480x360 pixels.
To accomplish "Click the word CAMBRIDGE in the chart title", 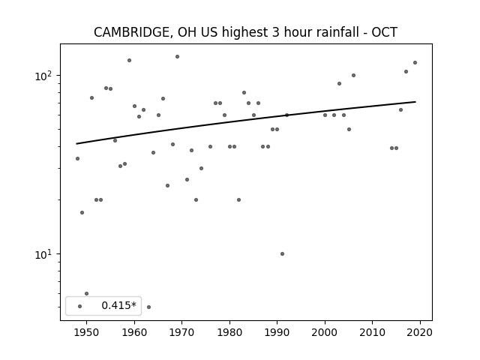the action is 130,32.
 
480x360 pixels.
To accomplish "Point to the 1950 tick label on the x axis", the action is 86,332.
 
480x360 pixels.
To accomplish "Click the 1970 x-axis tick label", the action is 181,332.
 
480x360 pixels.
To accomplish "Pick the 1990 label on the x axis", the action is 277,332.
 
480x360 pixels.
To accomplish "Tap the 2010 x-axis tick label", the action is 372,332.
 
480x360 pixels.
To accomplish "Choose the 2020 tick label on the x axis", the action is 420,332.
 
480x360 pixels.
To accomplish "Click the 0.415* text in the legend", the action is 118,305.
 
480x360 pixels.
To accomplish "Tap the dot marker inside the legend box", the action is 80,306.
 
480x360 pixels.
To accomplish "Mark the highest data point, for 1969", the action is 177,57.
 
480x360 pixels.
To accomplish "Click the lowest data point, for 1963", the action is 148,307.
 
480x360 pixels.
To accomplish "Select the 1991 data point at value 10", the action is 282,253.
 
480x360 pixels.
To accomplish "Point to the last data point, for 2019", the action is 415,63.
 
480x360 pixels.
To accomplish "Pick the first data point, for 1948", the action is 77,158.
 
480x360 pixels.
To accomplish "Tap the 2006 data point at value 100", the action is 353,75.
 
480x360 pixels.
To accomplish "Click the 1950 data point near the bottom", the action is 87,293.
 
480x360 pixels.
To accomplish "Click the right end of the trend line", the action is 415,102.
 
